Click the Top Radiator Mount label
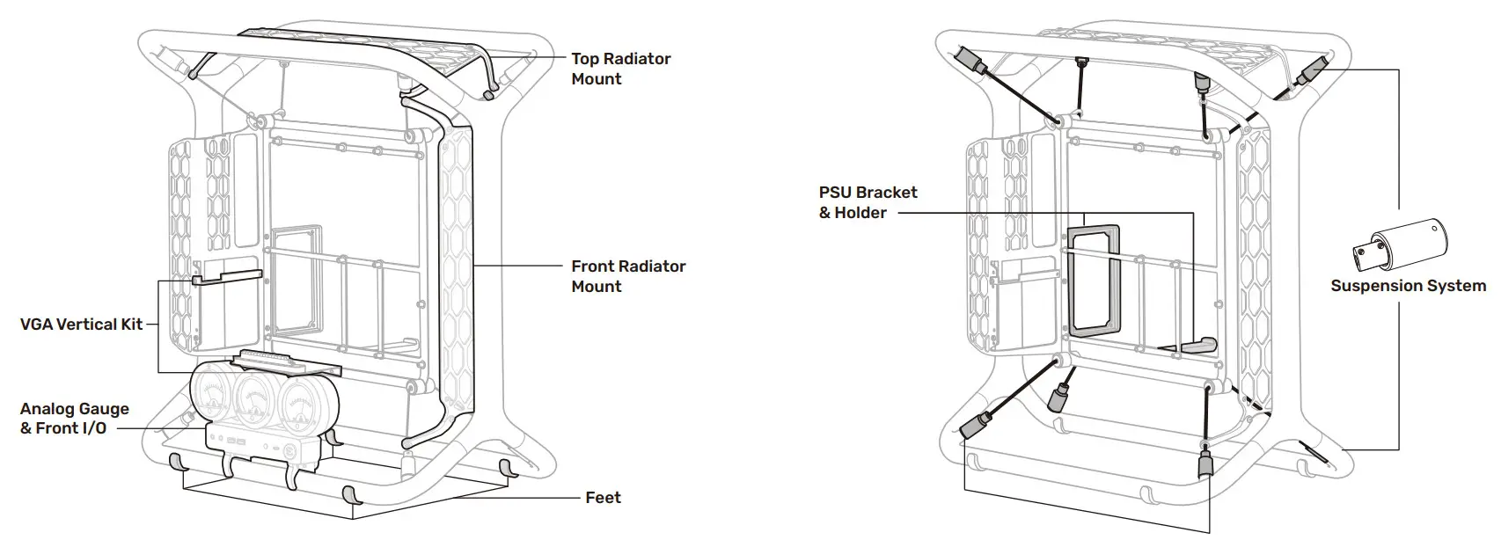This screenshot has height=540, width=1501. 620,69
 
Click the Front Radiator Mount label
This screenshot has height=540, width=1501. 627,276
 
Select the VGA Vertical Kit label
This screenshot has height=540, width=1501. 81,325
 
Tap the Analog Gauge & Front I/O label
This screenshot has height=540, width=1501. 74,419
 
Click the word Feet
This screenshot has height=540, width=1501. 603,498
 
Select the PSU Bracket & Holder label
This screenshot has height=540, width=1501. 868,202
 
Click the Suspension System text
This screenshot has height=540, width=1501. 1408,286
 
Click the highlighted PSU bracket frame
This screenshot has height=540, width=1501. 1094,282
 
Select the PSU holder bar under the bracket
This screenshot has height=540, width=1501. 1193,346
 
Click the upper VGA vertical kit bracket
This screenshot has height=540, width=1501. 226,278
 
